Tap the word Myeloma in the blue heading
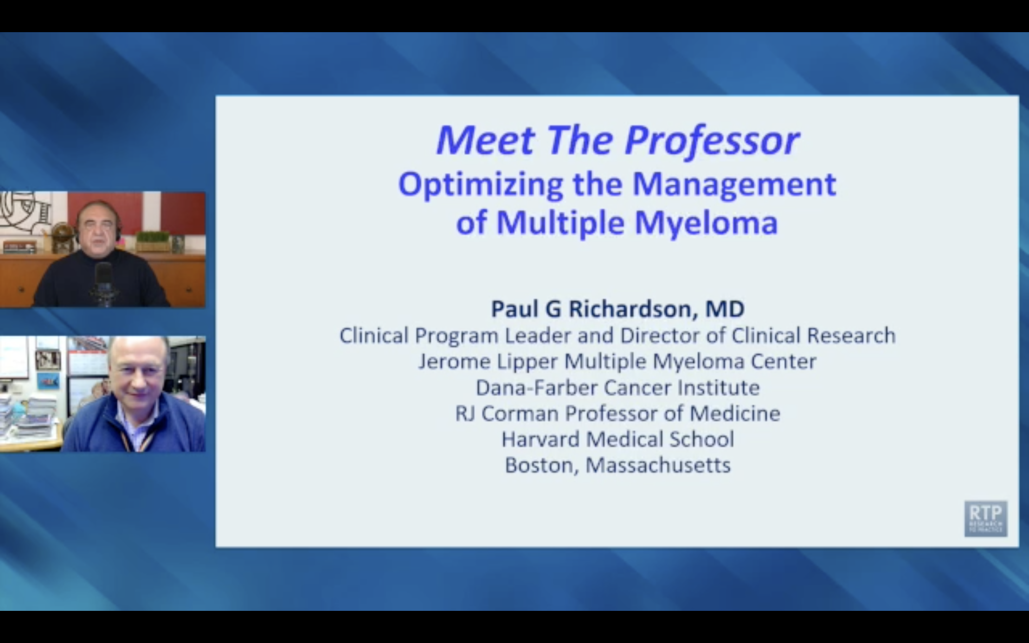706,223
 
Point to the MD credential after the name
725,309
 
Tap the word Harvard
540,439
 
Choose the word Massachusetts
658,465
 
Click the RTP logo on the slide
985,518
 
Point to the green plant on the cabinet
153,237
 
